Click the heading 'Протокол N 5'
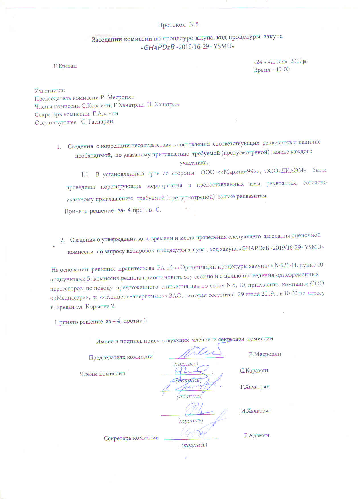(x=178, y=25)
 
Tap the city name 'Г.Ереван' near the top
(x=65, y=66)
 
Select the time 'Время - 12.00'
(x=271, y=70)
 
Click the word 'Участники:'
(x=50, y=91)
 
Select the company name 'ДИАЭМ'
(x=293, y=171)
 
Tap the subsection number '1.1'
(x=84, y=174)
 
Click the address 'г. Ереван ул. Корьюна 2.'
(x=83, y=307)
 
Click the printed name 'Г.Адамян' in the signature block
(x=257, y=435)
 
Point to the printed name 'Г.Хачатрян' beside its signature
(x=255, y=387)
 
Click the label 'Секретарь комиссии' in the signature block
(x=131, y=438)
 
